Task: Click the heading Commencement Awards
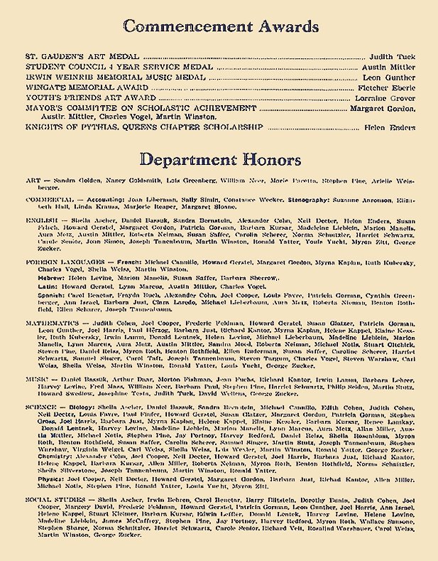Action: pyautogui.click(x=219, y=27)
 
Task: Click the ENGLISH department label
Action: pyautogui.click(x=41, y=221)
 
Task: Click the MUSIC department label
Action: pyautogui.click(x=38, y=381)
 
